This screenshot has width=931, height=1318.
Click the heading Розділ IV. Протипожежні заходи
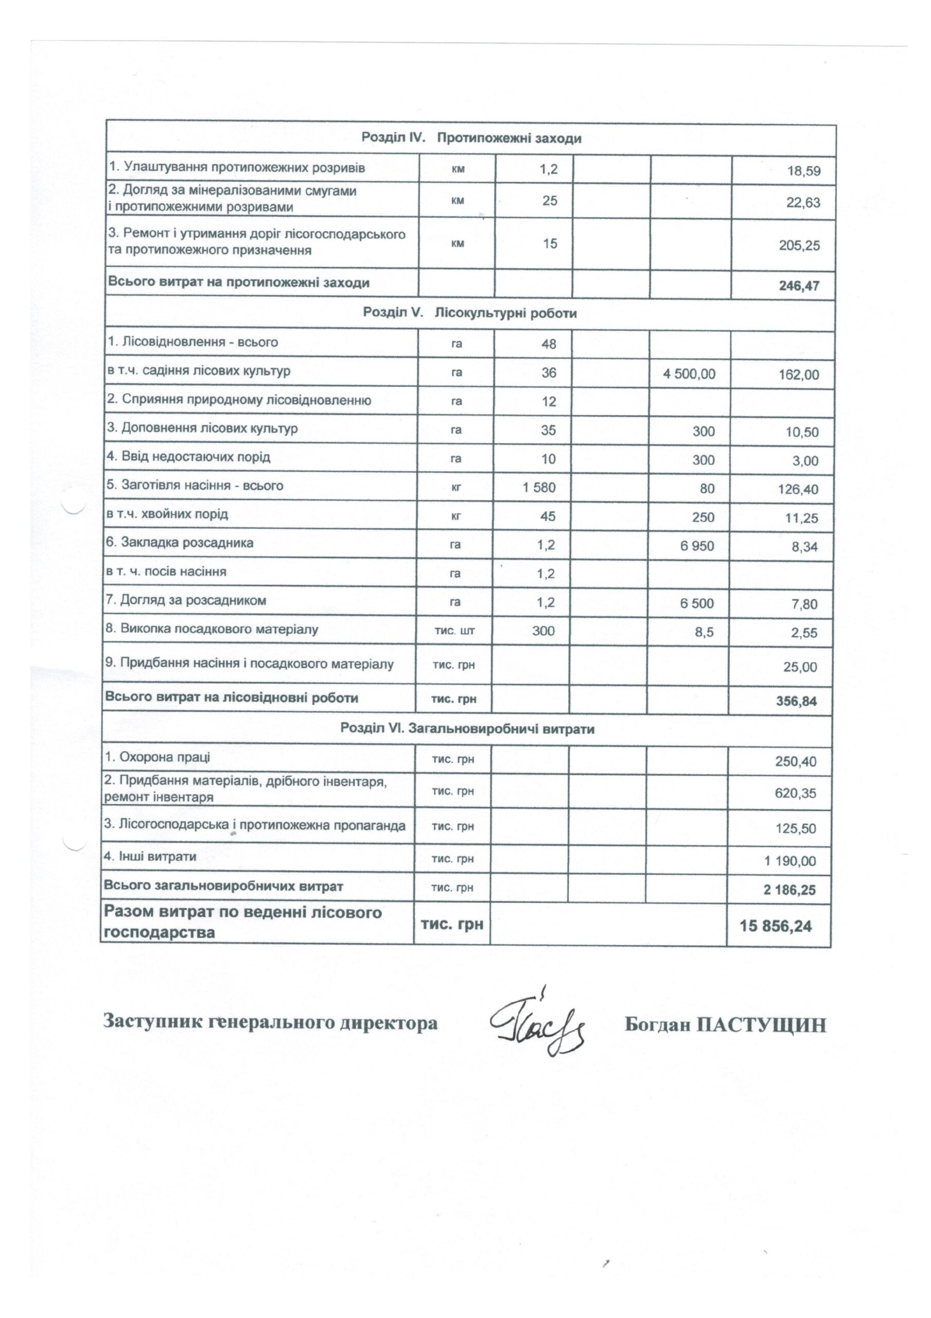point(471,138)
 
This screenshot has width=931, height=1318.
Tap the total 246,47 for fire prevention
point(800,285)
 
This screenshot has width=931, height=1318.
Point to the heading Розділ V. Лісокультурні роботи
point(469,314)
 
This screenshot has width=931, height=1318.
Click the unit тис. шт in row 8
point(453,631)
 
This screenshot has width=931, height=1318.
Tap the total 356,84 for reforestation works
point(797,701)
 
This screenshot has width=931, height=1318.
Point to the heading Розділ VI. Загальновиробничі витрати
point(467,729)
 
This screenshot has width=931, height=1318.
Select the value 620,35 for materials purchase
point(795,793)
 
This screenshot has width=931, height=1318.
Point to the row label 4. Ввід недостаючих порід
point(188,458)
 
